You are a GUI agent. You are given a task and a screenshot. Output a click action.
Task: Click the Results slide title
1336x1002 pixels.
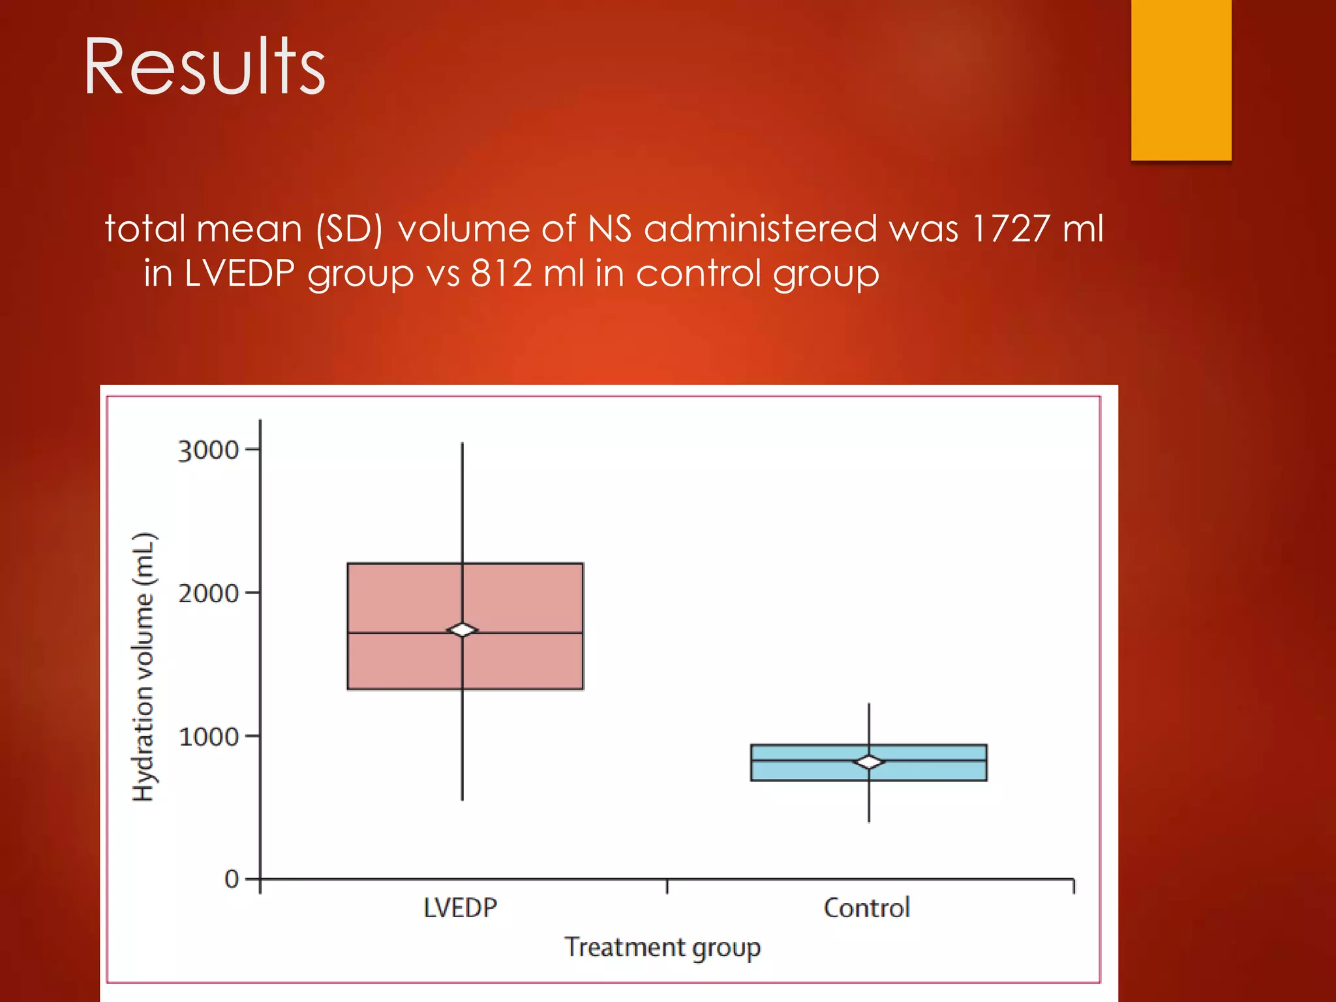tap(204, 67)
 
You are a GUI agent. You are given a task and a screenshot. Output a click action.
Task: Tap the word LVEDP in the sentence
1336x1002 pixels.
tap(239, 273)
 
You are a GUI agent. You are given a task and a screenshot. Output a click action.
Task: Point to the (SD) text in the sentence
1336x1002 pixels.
tap(349, 230)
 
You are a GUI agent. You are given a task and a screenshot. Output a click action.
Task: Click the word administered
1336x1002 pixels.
tap(761, 229)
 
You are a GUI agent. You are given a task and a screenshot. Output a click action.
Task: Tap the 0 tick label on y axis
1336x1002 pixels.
tap(231, 879)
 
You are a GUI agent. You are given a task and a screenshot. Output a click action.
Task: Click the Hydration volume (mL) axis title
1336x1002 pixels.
tap(144, 667)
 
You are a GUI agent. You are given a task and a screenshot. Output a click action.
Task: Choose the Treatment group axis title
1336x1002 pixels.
tap(662, 947)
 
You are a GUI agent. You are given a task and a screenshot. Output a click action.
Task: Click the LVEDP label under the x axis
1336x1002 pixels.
tap(461, 908)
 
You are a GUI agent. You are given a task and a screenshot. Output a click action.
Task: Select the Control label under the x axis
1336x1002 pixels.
tap(866, 908)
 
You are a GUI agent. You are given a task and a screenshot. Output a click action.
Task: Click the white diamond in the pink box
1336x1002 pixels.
tap(463, 630)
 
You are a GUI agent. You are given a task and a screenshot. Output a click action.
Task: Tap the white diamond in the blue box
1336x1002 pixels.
tap(869, 762)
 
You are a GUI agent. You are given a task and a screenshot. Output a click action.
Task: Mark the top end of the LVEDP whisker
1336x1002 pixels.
tap(463, 444)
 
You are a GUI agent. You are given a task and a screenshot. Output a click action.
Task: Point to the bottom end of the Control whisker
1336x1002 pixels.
tap(869, 821)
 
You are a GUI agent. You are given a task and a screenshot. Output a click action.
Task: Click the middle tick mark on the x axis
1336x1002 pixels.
tap(667, 886)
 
